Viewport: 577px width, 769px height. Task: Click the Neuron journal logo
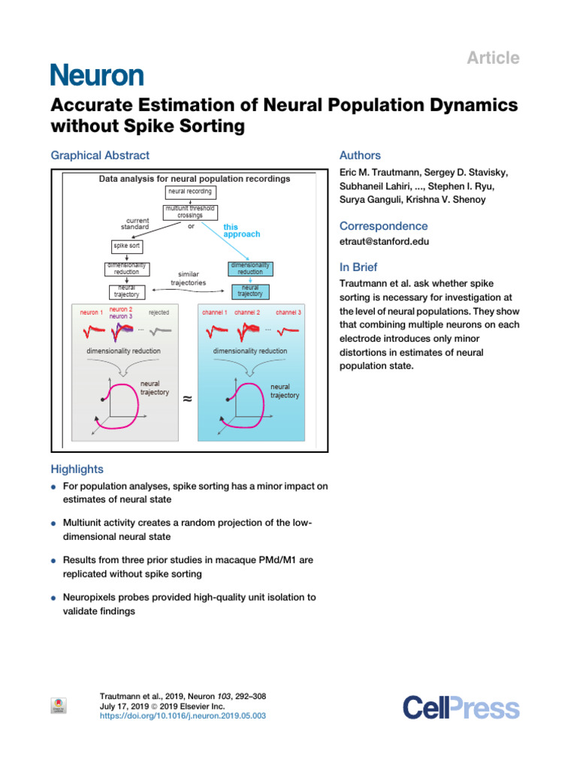click(97, 74)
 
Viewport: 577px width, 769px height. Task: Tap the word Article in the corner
click(494, 58)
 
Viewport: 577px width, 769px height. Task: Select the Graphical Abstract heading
click(100, 155)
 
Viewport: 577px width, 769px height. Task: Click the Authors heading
click(361, 155)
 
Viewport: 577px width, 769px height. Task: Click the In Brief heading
click(358, 267)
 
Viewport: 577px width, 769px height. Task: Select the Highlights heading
click(77, 469)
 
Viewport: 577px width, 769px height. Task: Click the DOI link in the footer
click(183, 716)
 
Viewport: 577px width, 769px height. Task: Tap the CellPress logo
click(461, 707)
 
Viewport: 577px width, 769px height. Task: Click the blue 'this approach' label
click(241, 230)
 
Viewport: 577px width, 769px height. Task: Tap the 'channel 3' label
click(288, 311)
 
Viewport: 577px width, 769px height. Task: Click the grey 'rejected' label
click(159, 312)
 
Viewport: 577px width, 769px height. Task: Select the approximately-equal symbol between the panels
click(187, 400)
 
